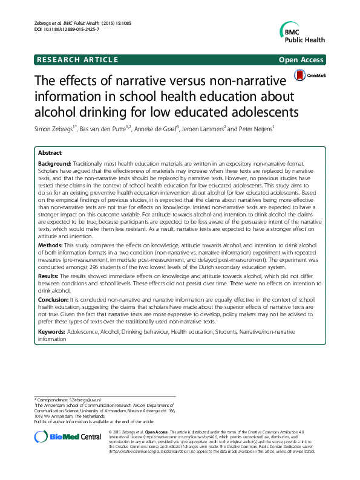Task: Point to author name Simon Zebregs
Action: point(54,128)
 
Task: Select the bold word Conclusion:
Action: point(53,299)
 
